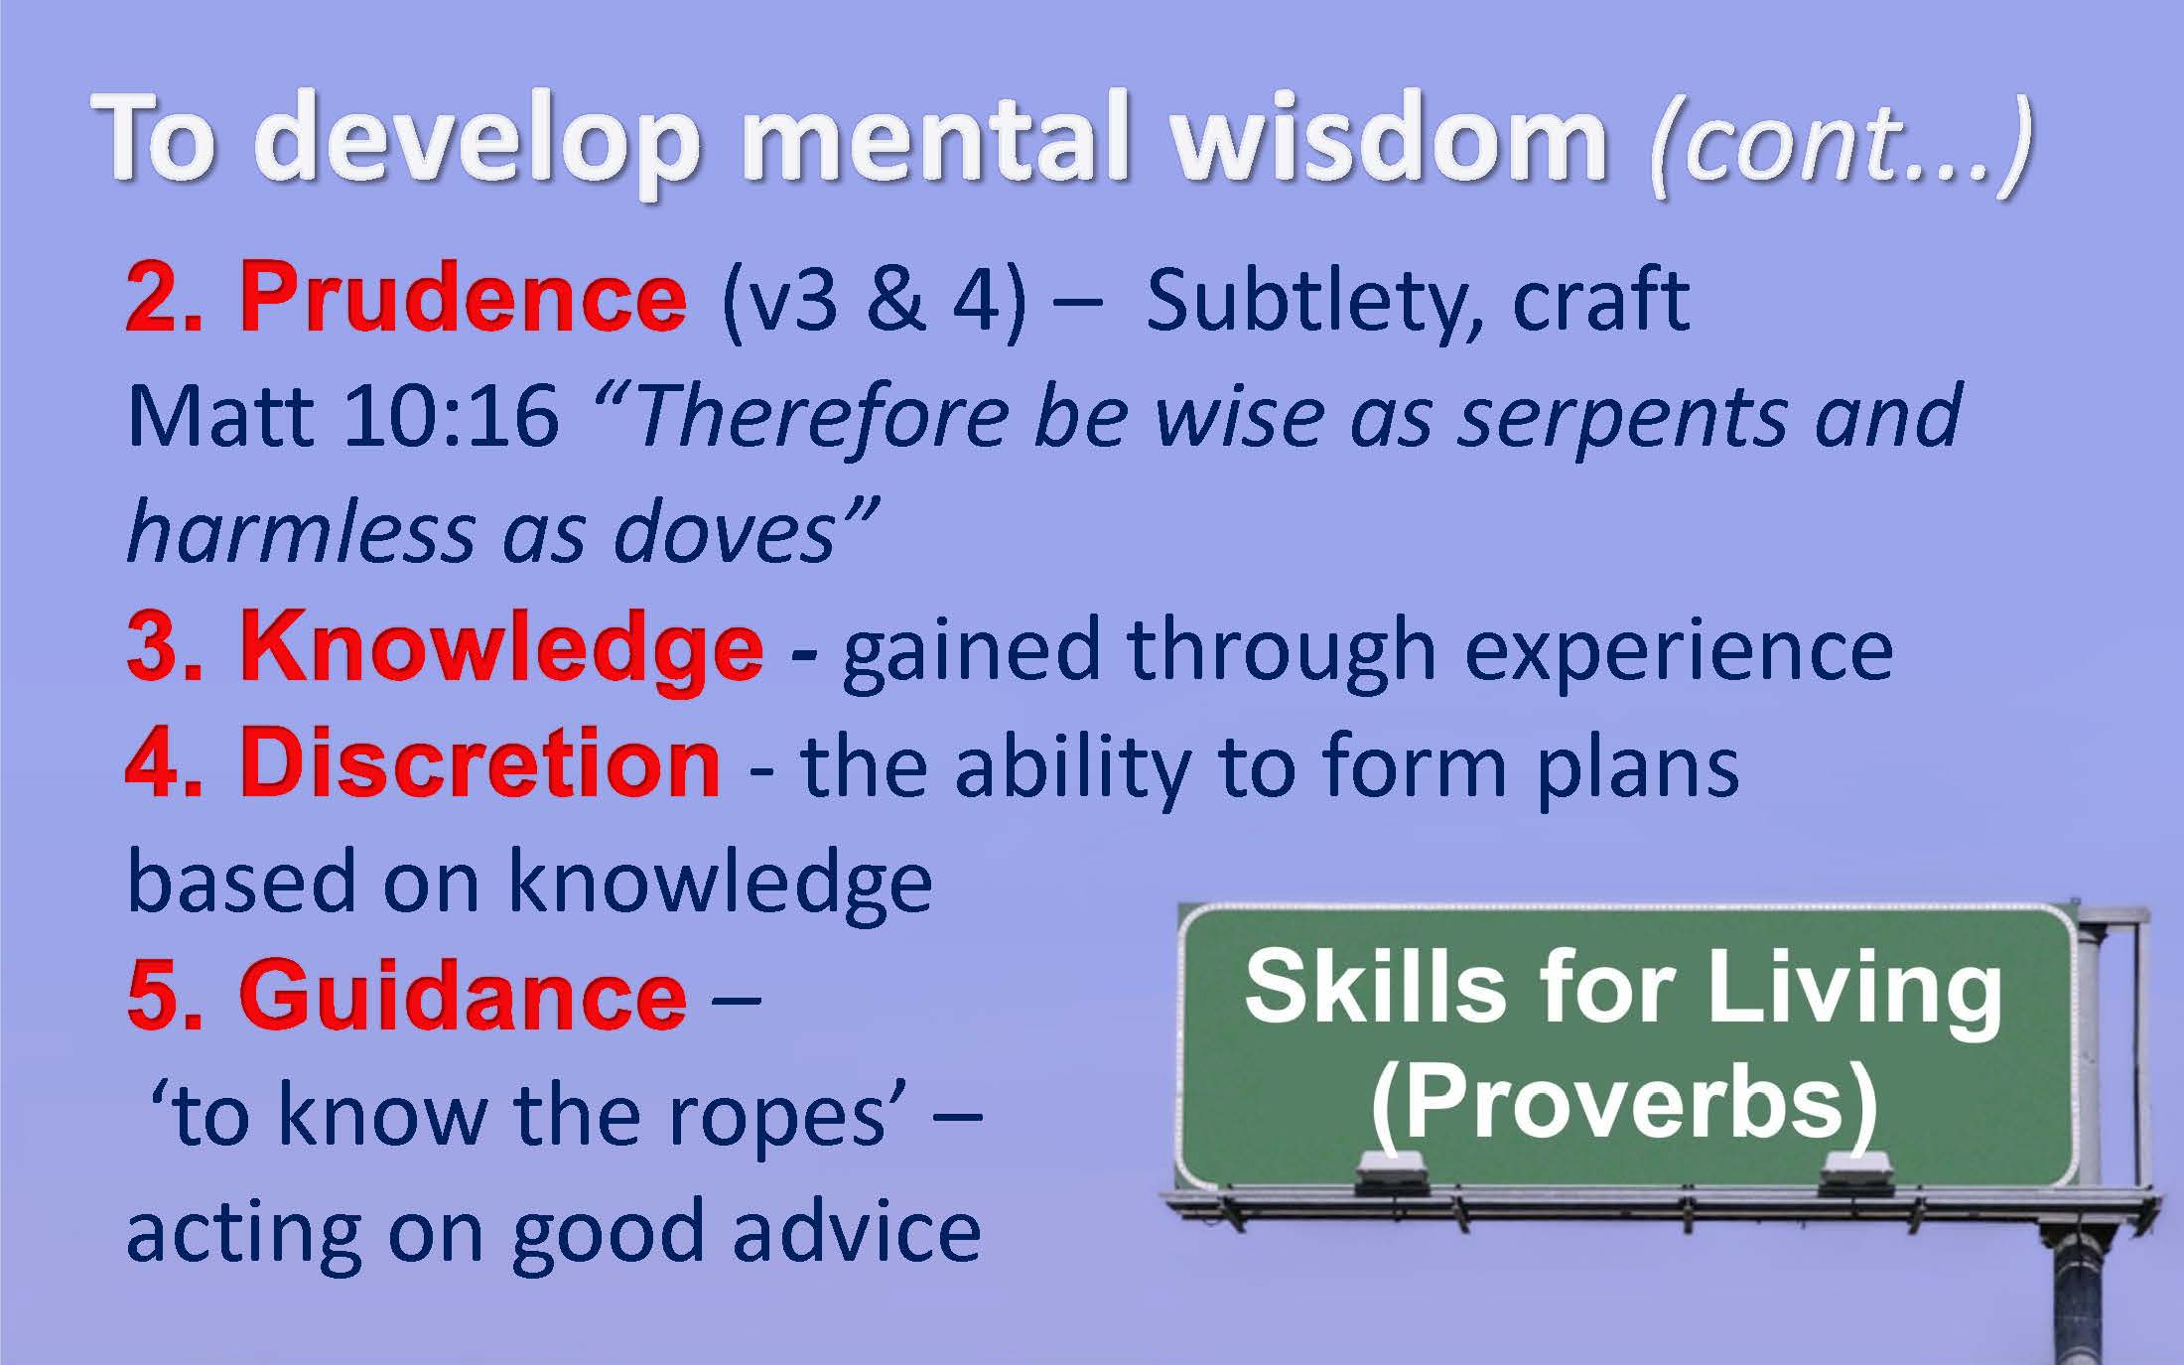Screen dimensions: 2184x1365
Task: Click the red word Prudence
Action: click(x=463, y=299)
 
